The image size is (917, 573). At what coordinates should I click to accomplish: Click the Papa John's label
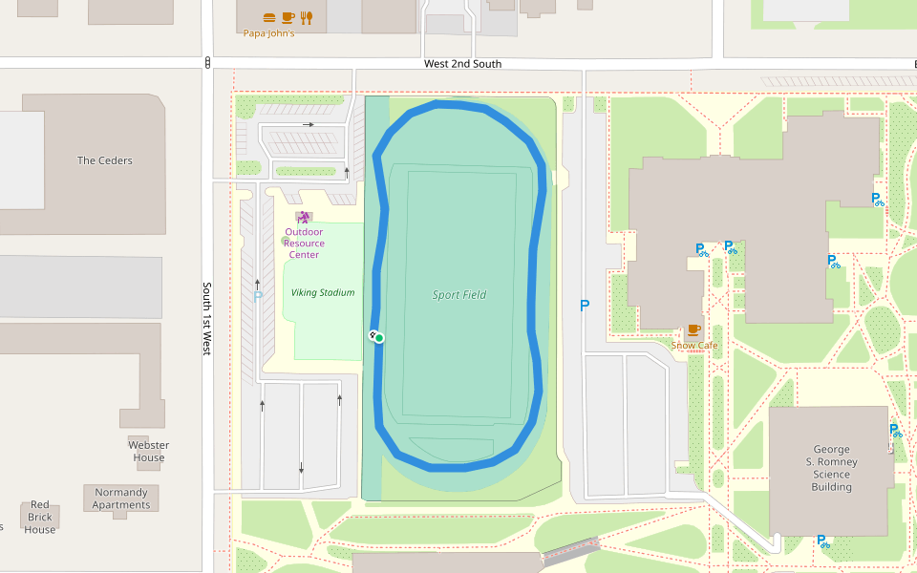click(x=268, y=33)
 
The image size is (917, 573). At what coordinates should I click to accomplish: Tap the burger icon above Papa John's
click(x=269, y=17)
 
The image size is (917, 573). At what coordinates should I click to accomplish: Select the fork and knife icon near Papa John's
click(x=306, y=17)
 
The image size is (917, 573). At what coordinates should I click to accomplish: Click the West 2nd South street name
click(x=462, y=64)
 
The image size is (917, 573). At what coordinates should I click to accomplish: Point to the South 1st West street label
click(x=206, y=319)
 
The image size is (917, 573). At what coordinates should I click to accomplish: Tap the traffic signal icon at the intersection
click(x=207, y=63)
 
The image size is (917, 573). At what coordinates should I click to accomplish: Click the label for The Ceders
click(x=105, y=160)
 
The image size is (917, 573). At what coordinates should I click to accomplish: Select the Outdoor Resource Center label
click(x=304, y=244)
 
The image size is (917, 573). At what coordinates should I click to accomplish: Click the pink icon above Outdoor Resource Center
click(x=304, y=218)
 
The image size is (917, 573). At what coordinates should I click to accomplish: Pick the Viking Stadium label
click(x=323, y=293)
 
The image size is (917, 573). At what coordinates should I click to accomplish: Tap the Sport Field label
click(x=459, y=295)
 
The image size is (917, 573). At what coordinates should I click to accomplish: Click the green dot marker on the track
click(x=379, y=337)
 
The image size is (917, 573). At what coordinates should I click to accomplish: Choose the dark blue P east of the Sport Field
click(x=585, y=306)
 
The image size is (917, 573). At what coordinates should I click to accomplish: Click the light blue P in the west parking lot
click(x=257, y=297)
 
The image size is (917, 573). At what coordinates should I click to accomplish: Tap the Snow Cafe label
click(x=694, y=346)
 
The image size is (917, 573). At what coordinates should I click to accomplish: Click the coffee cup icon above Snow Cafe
click(x=693, y=329)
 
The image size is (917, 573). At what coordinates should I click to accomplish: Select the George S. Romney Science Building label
click(x=831, y=468)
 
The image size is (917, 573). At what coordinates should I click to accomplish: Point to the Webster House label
click(x=149, y=451)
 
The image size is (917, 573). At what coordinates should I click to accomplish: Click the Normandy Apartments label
click(x=121, y=499)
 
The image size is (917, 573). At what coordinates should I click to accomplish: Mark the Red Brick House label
click(x=40, y=517)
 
